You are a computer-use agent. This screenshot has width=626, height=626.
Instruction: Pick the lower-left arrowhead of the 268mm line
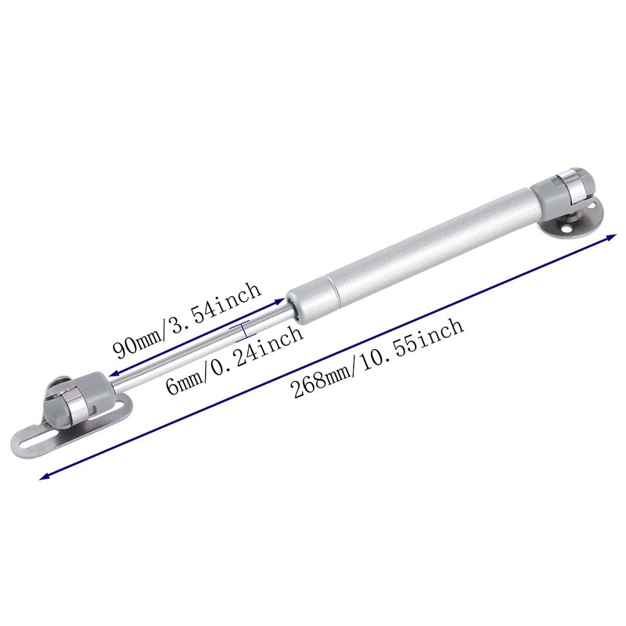coord(43,477)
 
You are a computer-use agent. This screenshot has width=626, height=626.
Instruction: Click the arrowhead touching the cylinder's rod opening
coord(281,300)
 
